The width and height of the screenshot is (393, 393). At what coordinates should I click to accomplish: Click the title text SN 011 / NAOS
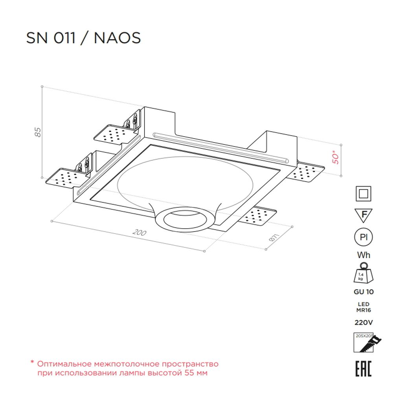click(83, 38)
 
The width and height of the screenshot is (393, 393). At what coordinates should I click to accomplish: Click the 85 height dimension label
click(38, 132)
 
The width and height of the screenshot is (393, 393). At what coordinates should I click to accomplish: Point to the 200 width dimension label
click(139, 233)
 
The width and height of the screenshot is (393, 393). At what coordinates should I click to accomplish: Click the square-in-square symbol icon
click(364, 194)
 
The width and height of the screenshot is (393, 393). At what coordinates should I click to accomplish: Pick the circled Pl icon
click(364, 237)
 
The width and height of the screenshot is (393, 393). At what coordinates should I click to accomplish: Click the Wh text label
click(364, 255)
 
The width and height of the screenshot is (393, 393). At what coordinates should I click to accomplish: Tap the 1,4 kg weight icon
click(364, 273)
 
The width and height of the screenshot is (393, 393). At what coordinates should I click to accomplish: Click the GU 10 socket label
click(364, 292)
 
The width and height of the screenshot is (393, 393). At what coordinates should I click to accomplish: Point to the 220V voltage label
click(364, 323)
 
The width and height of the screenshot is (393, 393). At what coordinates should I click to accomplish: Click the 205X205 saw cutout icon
click(364, 343)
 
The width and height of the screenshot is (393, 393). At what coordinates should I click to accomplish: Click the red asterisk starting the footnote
click(33, 363)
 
